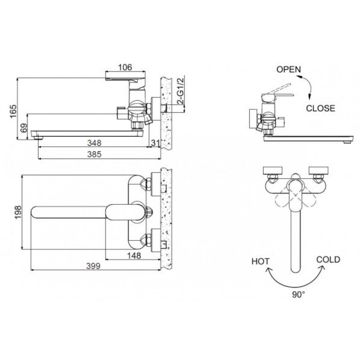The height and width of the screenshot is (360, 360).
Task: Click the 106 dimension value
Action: pyautogui.click(x=125, y=67)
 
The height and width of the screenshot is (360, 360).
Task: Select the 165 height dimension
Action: pyautogui.click(x=13, y=111)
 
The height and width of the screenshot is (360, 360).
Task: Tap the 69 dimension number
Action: pyautogui.click(x=24, y=128)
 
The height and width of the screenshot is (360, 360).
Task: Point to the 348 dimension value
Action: pyautogui.click(x=94, y=143)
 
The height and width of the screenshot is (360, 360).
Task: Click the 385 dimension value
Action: pyautogui.click(x=94, y=154)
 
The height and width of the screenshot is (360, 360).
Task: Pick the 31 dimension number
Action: pyautogui.click(x=155, y=143)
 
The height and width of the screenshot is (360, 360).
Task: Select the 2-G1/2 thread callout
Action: pyautogui.click(x=181, y=91)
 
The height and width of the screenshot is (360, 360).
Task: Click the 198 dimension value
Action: pyautogui.click(x=18, y=212)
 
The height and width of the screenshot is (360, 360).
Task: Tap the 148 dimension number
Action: pyautogui.click(x=134, y=255)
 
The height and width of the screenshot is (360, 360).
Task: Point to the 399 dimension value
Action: pyautogui.click(x=93, y=266)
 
